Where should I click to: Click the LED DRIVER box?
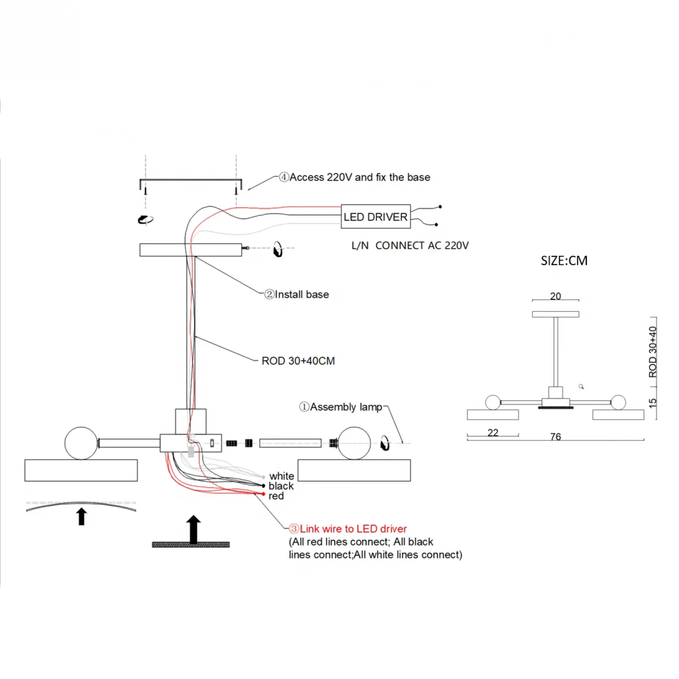(375, 217)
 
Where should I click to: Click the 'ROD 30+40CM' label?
(298, 361)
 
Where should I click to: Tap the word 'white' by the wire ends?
(282, 476)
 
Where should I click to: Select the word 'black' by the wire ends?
(281, 486)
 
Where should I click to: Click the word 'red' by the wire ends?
(276, 496)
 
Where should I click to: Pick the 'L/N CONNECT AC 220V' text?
(410, 246)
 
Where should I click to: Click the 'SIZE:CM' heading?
(564, 261)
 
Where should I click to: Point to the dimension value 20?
(555, 296)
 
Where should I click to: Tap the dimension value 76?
(555, 436)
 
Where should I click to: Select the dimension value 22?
(493, 433)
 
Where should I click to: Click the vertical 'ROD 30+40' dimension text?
(652, 352)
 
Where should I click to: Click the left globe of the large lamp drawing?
(81, 443)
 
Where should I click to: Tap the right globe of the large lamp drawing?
(354, 443)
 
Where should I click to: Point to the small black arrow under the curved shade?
(81, 516)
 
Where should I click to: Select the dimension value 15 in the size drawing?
(652, 402)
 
